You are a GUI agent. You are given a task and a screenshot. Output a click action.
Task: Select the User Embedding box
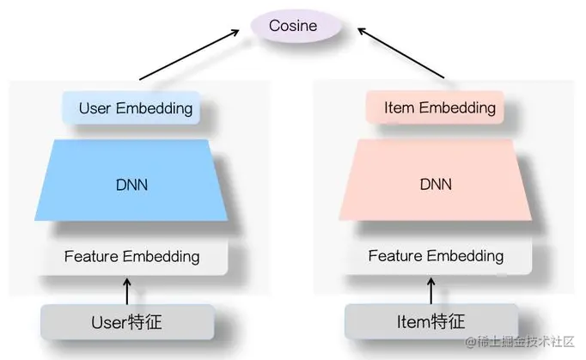click(131, 108)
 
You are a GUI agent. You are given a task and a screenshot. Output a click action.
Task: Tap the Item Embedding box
click(436, 108)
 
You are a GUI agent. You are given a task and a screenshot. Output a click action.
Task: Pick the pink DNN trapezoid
click(435, 182)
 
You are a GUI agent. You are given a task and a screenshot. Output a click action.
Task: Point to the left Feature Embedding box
click(131, 256)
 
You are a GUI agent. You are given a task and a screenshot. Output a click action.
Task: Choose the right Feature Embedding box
click(436, 256)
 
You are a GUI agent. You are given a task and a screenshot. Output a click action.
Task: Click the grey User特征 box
click(126, 322)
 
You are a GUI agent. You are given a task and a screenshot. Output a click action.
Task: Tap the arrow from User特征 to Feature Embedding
click(127, 290)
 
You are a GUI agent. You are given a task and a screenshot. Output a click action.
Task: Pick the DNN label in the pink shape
click(435, 185)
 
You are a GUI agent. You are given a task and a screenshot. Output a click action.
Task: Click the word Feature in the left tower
click(92, 256)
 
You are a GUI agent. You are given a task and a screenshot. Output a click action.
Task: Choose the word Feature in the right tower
click(396, 256)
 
